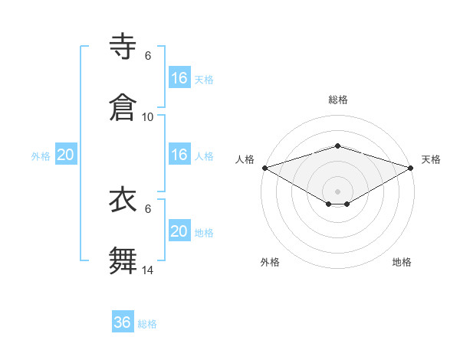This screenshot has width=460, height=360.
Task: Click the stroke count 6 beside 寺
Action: [x=148, y=56]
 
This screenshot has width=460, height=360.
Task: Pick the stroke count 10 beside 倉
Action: [x=148, y=116]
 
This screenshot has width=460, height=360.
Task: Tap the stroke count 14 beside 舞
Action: [x=148, y=270]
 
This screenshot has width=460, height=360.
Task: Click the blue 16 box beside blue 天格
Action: [x=179, y=78]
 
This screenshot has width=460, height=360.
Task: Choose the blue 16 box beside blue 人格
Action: [x=179, y=155]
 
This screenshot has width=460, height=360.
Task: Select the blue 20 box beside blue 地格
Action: [x=179, y=231]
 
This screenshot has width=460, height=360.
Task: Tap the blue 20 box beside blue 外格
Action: [x=66, y=155]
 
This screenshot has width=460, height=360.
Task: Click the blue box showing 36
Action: [x=123, y=322]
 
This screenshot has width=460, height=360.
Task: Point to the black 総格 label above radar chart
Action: [x=337, y=100]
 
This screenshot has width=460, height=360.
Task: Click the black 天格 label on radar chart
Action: [x=431, y=159]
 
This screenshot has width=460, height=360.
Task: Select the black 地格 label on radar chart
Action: [x=402, y=262]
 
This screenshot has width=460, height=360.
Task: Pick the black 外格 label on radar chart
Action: [x=270, y=262]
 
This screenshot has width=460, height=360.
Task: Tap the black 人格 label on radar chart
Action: [x=245, y=159]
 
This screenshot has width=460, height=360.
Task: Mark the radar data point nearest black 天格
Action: [x=411, y=167]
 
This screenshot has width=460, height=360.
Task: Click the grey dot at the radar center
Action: [x=337, y=191]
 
